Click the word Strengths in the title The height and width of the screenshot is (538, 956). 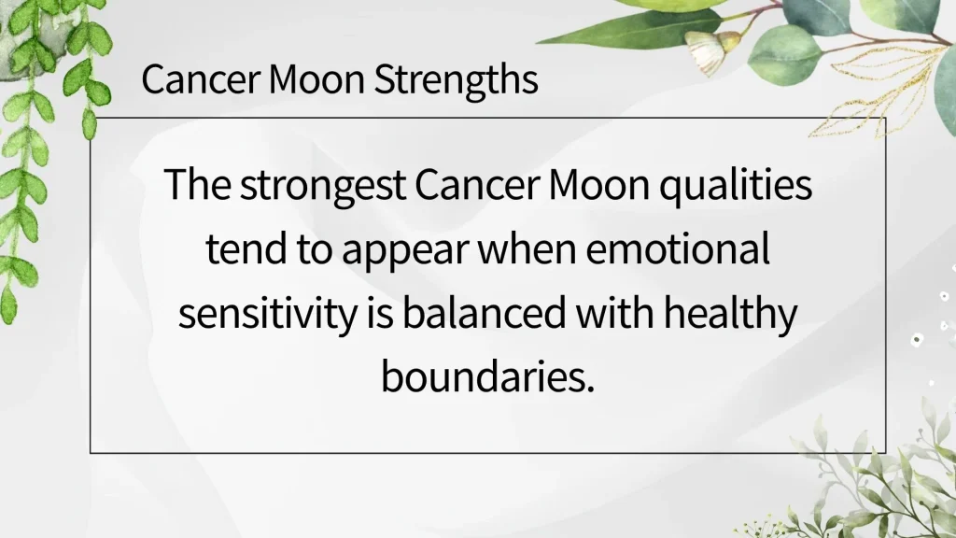pos(456,79)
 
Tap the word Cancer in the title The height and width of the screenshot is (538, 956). pos(201,79)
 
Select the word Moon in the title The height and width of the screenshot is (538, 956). pos(316,79)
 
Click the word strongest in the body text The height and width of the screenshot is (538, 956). pos(322,186)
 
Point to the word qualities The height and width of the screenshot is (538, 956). pos(736,186)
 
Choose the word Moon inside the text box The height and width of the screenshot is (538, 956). pos(598,186)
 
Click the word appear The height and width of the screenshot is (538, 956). pos(405,250)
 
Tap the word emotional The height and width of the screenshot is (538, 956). pos(678,248)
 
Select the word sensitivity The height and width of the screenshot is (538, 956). pos(268,314)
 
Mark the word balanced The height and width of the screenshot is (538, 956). pos(485,312)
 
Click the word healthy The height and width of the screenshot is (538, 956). pos(730,314)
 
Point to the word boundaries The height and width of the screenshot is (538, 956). pos(487,377)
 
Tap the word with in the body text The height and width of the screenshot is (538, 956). pos(614,312)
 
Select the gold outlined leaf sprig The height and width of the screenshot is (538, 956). pos(884,92)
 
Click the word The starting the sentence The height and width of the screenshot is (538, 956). pos(197,186)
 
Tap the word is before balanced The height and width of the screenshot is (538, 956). pos(380,314)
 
